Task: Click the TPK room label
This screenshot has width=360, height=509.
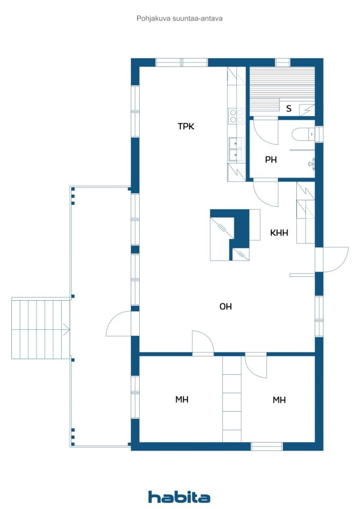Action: tap(186, 126)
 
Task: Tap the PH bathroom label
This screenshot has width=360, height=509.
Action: tap(270, 160)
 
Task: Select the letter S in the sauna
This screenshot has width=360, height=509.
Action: tap(288, 108)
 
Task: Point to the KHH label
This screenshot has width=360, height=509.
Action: tap(279, 232)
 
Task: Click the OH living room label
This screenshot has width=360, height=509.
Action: tap(226, 307)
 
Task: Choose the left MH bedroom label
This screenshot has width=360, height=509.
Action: tap(181, 399)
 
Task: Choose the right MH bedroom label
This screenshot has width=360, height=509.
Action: tap(279, 399)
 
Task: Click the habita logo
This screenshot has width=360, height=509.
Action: tap(179, 497)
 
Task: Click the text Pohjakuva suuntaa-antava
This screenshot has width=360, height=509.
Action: tap(180, 18)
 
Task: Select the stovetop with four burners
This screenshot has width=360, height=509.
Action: tap(236, 116)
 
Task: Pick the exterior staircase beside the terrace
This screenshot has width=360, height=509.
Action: tap(40, 328)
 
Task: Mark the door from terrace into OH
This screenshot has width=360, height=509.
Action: tap(118, 324)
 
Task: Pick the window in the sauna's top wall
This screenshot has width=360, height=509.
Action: tap(282, 62)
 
